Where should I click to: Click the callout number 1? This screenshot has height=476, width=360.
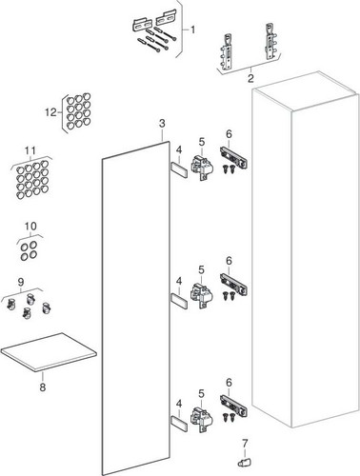[x=192, y=30]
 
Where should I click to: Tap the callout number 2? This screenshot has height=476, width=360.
[x=250, y=78]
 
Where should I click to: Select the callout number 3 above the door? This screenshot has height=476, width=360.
[x=162, y=123]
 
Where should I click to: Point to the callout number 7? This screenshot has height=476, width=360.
[x=245, y=444]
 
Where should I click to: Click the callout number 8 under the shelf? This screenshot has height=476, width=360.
[x=43, y=387]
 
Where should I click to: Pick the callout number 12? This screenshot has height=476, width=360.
[x=50, y=112]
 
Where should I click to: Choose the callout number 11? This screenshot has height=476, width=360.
[x=30, y=150]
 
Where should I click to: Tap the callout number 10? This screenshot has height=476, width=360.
[x=30, y=227]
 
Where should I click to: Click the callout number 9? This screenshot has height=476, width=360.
[x=21, y=282]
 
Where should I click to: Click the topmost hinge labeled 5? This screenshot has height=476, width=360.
[x=201, y=166]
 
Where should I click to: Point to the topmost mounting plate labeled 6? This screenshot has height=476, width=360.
[x=233, y=158]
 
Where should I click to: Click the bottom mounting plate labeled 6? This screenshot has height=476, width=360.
[x=233, y=407]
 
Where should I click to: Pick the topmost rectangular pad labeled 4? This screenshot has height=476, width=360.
[x=179, y=169]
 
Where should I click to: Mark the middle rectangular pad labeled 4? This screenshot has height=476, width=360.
[x=179, y=301]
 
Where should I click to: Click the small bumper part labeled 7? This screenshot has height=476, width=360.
[x=244, y=462]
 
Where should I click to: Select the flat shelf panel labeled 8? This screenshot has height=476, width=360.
[x=49, y=351]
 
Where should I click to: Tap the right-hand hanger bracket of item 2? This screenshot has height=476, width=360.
[x=270, y=40]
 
